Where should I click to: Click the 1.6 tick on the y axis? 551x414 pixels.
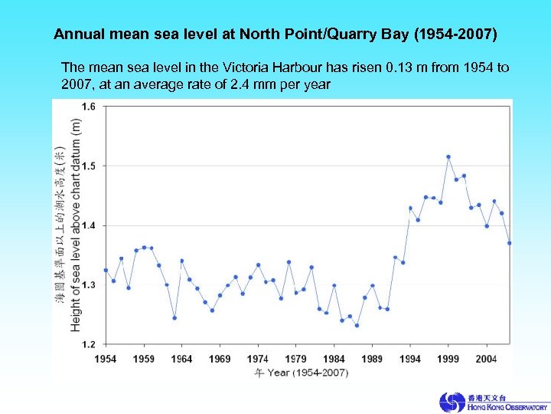pyautogui.click(x=90, y=107)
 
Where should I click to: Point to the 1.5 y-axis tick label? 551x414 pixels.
pyautogui.click(x=90, y=166)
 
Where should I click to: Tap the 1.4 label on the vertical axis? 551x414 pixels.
pyautogui.click(x=90, y=225)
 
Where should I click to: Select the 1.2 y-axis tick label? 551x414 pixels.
pyautogui.click(x=90, y=343)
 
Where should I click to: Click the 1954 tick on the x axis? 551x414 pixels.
pyautogui.click(x=106, y=358)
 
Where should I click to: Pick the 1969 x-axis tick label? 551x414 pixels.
pyautogui.click(x=220, y=358)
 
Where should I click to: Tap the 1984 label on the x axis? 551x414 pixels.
pyautogui.click(x=334, y=358)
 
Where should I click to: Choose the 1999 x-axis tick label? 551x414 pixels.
pyautogui.click(x=448, y=358)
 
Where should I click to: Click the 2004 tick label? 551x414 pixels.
pyautogui.click(x=486, y=358)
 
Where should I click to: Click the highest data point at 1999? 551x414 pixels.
pyautogui.click(x=448, y=156)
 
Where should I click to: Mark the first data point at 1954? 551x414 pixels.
pyautogui.click(x=106, y=270)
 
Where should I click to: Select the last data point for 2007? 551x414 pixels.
pyautogui.click(x=509, y=243)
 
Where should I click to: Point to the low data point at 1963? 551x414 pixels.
pyautogui.click(x=174, y=317)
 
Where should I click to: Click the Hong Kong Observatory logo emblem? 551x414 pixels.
pyautogui.click(x=452, y=402)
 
